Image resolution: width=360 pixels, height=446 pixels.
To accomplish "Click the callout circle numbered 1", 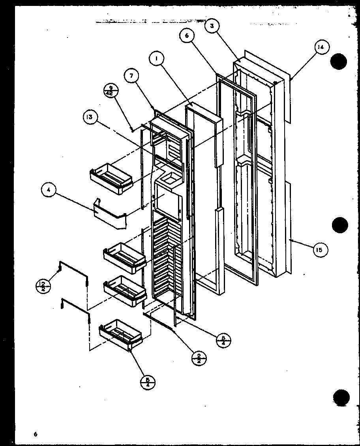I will [x=157, y=59].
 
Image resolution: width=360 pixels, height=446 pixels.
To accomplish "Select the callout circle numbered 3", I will [x=212, y=26].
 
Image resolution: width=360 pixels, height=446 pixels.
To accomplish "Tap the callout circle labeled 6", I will [x=187, y=36].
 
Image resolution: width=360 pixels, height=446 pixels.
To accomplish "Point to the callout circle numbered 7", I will [x=131, y=76].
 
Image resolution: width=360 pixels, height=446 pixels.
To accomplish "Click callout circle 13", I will [x=91, y=117].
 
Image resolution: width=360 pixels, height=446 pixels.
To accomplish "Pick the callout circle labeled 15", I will [x=320, y=249].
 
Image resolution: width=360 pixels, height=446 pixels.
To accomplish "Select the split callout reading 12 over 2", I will [x=43, y=285].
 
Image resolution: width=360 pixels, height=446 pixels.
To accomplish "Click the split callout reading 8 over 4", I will [x=223, y=340].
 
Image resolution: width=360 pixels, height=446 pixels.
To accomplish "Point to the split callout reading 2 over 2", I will [x=199, y=358].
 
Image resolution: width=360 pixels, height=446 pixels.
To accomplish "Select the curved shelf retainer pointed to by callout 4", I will [x=109, y=215].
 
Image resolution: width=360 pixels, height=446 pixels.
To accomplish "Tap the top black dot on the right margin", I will [x=339, y=62].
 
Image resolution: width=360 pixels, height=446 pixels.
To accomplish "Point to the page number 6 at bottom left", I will [x=35, y=434].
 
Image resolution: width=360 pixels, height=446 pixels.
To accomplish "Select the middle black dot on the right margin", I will [x=340, y=225].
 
